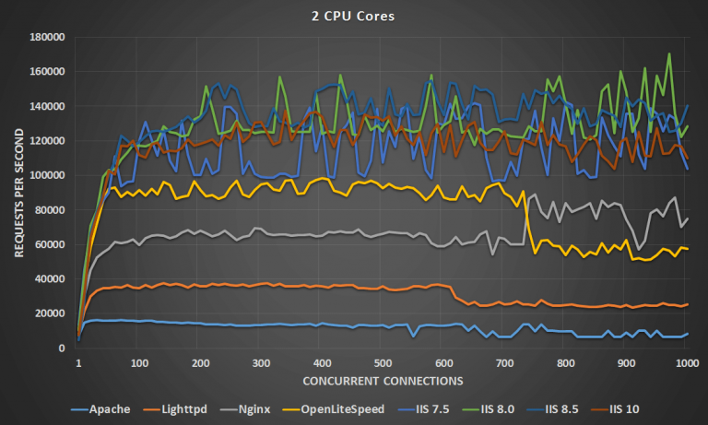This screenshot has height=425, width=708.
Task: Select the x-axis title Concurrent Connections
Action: [x=381, y=380]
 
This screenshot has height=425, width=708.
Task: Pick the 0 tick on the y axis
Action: [x=62, y=348]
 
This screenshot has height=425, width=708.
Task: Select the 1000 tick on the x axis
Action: [x=686, y=363]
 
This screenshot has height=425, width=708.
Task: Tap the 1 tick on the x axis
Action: [x=78, y=363]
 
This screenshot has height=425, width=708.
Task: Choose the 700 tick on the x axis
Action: [x=565, y=363]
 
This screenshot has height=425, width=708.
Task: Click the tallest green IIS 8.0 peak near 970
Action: [x=668, y=54]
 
